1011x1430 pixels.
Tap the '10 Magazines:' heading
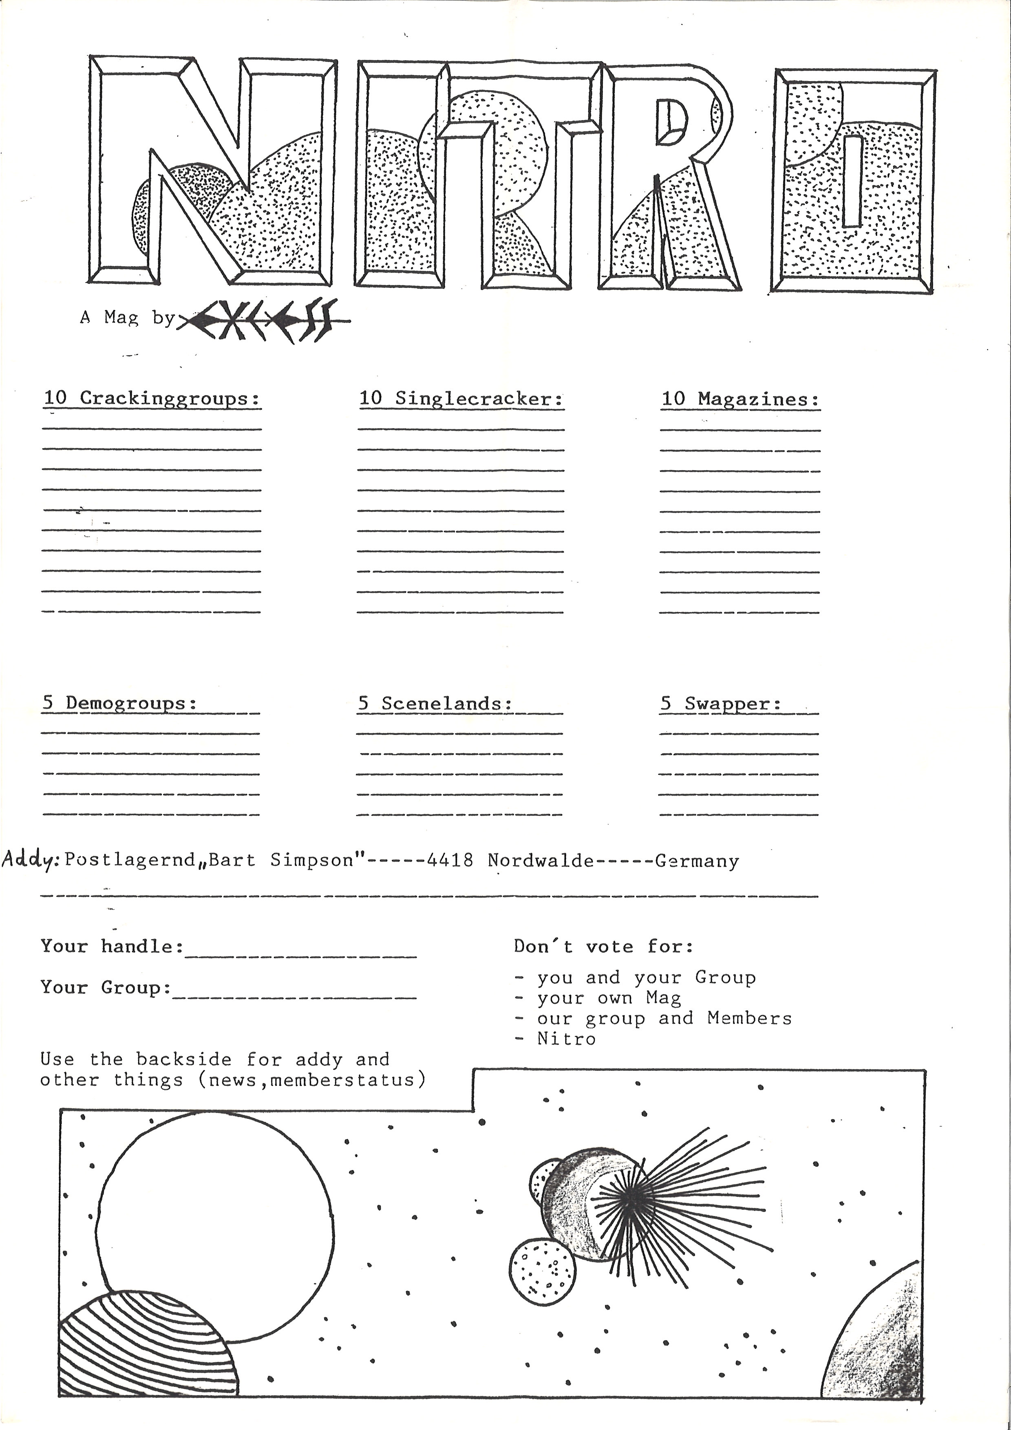[x=739, y=399]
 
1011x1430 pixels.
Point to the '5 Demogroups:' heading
[x=119, y=703]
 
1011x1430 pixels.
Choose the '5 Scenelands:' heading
[x=435, y=703]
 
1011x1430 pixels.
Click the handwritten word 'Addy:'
[x=30, y=860]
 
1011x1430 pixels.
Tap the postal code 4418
[x=450, y=860]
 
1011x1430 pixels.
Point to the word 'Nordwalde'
[x=541, y=860]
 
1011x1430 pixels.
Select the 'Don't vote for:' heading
[x=603, y=947]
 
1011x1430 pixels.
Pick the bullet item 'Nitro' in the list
[x=566, y=1038]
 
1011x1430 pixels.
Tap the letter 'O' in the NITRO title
[x=852, y=181]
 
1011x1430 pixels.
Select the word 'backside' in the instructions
[x=183, y=1059]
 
